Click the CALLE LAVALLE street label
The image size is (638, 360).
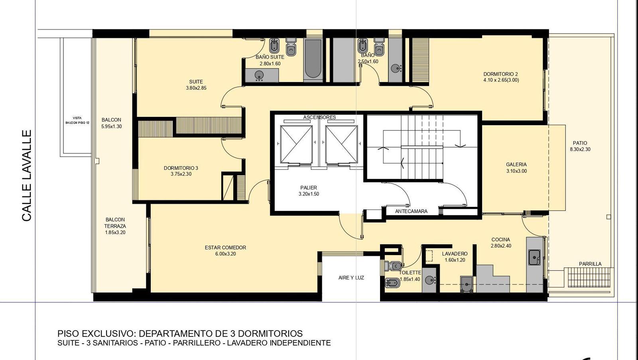pos(26,175)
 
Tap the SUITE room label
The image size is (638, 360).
pos(196,82)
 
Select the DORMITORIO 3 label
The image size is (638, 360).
pos(181,168)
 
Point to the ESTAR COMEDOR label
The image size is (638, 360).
pos(225,248)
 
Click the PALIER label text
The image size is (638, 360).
pos(309,188)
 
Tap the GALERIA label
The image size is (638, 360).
pos(516,164)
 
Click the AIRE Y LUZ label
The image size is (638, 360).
pos(351,278)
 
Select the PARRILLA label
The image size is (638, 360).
pos(590,264)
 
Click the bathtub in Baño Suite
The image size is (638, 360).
pos(313,60)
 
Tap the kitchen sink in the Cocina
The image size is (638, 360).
pos(535,257)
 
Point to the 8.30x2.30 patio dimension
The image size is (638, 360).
pos(580,149)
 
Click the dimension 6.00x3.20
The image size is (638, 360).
pos(226,254)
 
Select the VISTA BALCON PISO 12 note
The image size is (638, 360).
pos(77,120)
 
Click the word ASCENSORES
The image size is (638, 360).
pos(319,117)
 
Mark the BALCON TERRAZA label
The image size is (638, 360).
pos(115,223)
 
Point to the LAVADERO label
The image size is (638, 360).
pos(455,254)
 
